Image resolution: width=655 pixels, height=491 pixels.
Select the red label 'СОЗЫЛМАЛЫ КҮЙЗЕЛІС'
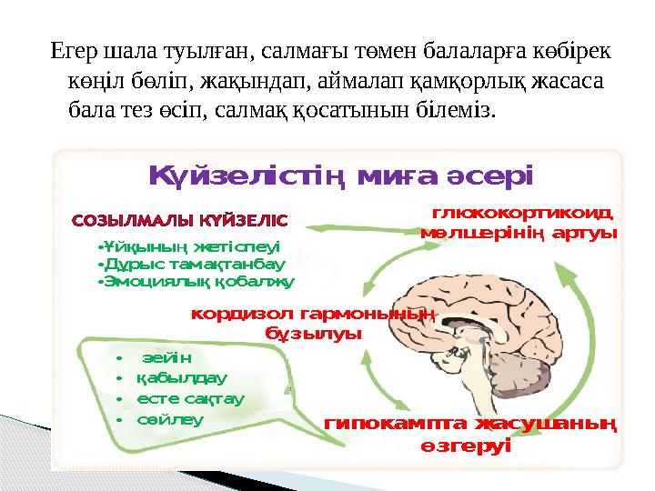(179, 220)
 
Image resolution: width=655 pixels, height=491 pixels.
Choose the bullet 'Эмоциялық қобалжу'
(196, 282)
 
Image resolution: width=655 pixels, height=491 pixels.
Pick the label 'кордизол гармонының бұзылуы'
(313, 324)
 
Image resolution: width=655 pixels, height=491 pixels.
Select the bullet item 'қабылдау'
(181, 377)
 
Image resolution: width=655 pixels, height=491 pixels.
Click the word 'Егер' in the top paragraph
(73, 51)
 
